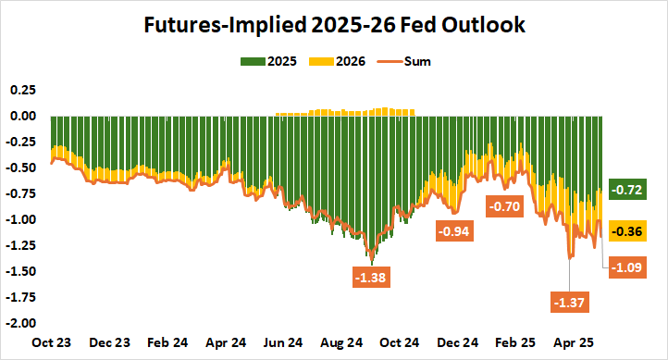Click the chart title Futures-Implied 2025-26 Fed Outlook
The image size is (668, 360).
(x=334, y=26)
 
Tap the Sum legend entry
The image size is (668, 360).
(x=405, y=62)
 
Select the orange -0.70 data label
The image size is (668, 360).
(x=505, y=206)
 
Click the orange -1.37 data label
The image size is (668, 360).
(x=569, y=301)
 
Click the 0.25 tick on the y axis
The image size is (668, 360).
(x=21, y=90)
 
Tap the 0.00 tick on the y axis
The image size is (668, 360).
(x=21, y=116)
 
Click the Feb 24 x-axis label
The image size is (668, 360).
(x=168, y=341)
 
